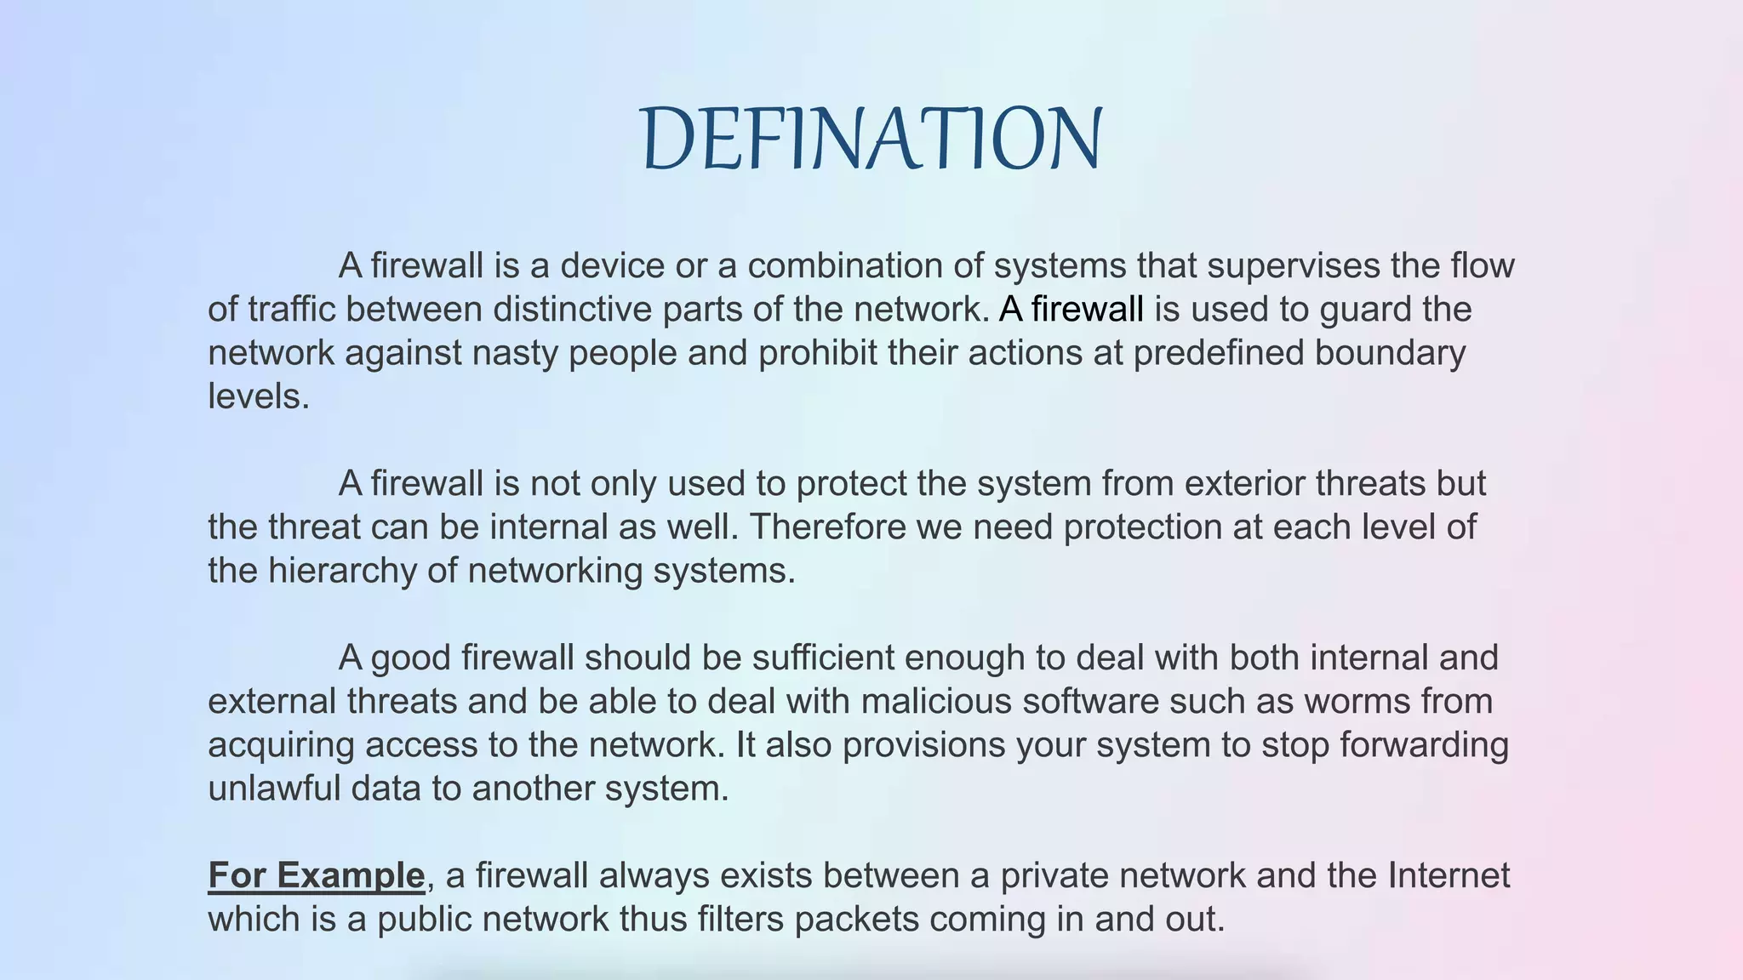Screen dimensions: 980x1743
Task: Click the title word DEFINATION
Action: point(871,138)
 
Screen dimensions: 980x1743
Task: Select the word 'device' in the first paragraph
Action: point(612,265)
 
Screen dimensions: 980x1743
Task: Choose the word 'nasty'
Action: point(515,352)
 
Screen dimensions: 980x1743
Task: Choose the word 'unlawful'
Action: point(274,788)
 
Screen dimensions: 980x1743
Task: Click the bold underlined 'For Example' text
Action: point(317,875)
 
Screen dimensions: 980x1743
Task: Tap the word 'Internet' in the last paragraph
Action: point(1449,875)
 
